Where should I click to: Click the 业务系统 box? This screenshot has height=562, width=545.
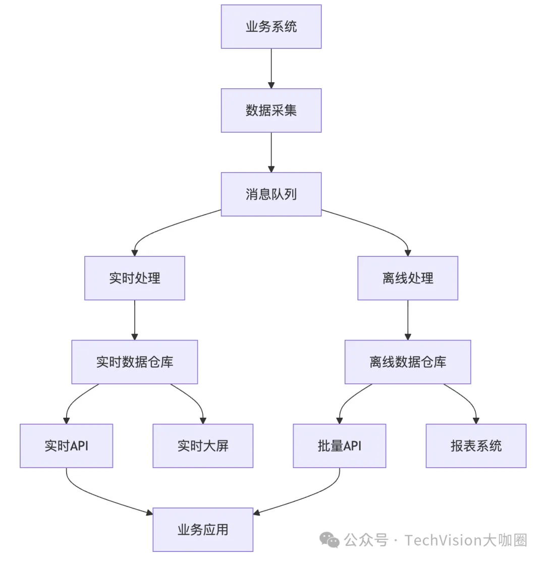[x=271, y=27]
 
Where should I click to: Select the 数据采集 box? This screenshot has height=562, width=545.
[x=271, y=110]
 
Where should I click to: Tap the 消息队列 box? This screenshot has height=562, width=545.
[x=271, y=194]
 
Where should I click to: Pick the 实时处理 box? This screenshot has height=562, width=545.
[x=135, y=278]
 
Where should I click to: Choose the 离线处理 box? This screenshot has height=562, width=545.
[x=408, y=278]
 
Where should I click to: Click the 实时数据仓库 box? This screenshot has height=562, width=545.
[x=135, y=362]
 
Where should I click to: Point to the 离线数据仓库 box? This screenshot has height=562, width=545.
[x=408, y=362]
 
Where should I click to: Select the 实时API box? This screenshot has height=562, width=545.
[x=67, y=445]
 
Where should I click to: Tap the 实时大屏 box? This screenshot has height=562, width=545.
[x=203, y=445]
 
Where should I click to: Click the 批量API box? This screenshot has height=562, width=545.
[x=340, y=445]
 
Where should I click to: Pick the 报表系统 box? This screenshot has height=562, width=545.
[x=476, y=445]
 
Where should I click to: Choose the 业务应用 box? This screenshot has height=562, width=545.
[x=203, y=529]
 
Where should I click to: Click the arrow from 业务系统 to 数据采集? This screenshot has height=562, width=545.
[x=271, y=68]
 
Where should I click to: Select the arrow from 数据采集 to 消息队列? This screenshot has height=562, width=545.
[x=271, y=152]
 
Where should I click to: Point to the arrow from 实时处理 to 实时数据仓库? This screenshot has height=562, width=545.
[x=135, y=319]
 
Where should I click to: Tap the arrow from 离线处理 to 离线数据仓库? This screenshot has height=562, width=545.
[x=408, y=319]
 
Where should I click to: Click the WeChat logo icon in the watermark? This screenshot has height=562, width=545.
[x=331, y=540]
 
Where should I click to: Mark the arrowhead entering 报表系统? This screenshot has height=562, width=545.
[x=476, y=420]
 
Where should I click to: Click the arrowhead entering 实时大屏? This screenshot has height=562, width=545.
[x=203, y=420]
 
